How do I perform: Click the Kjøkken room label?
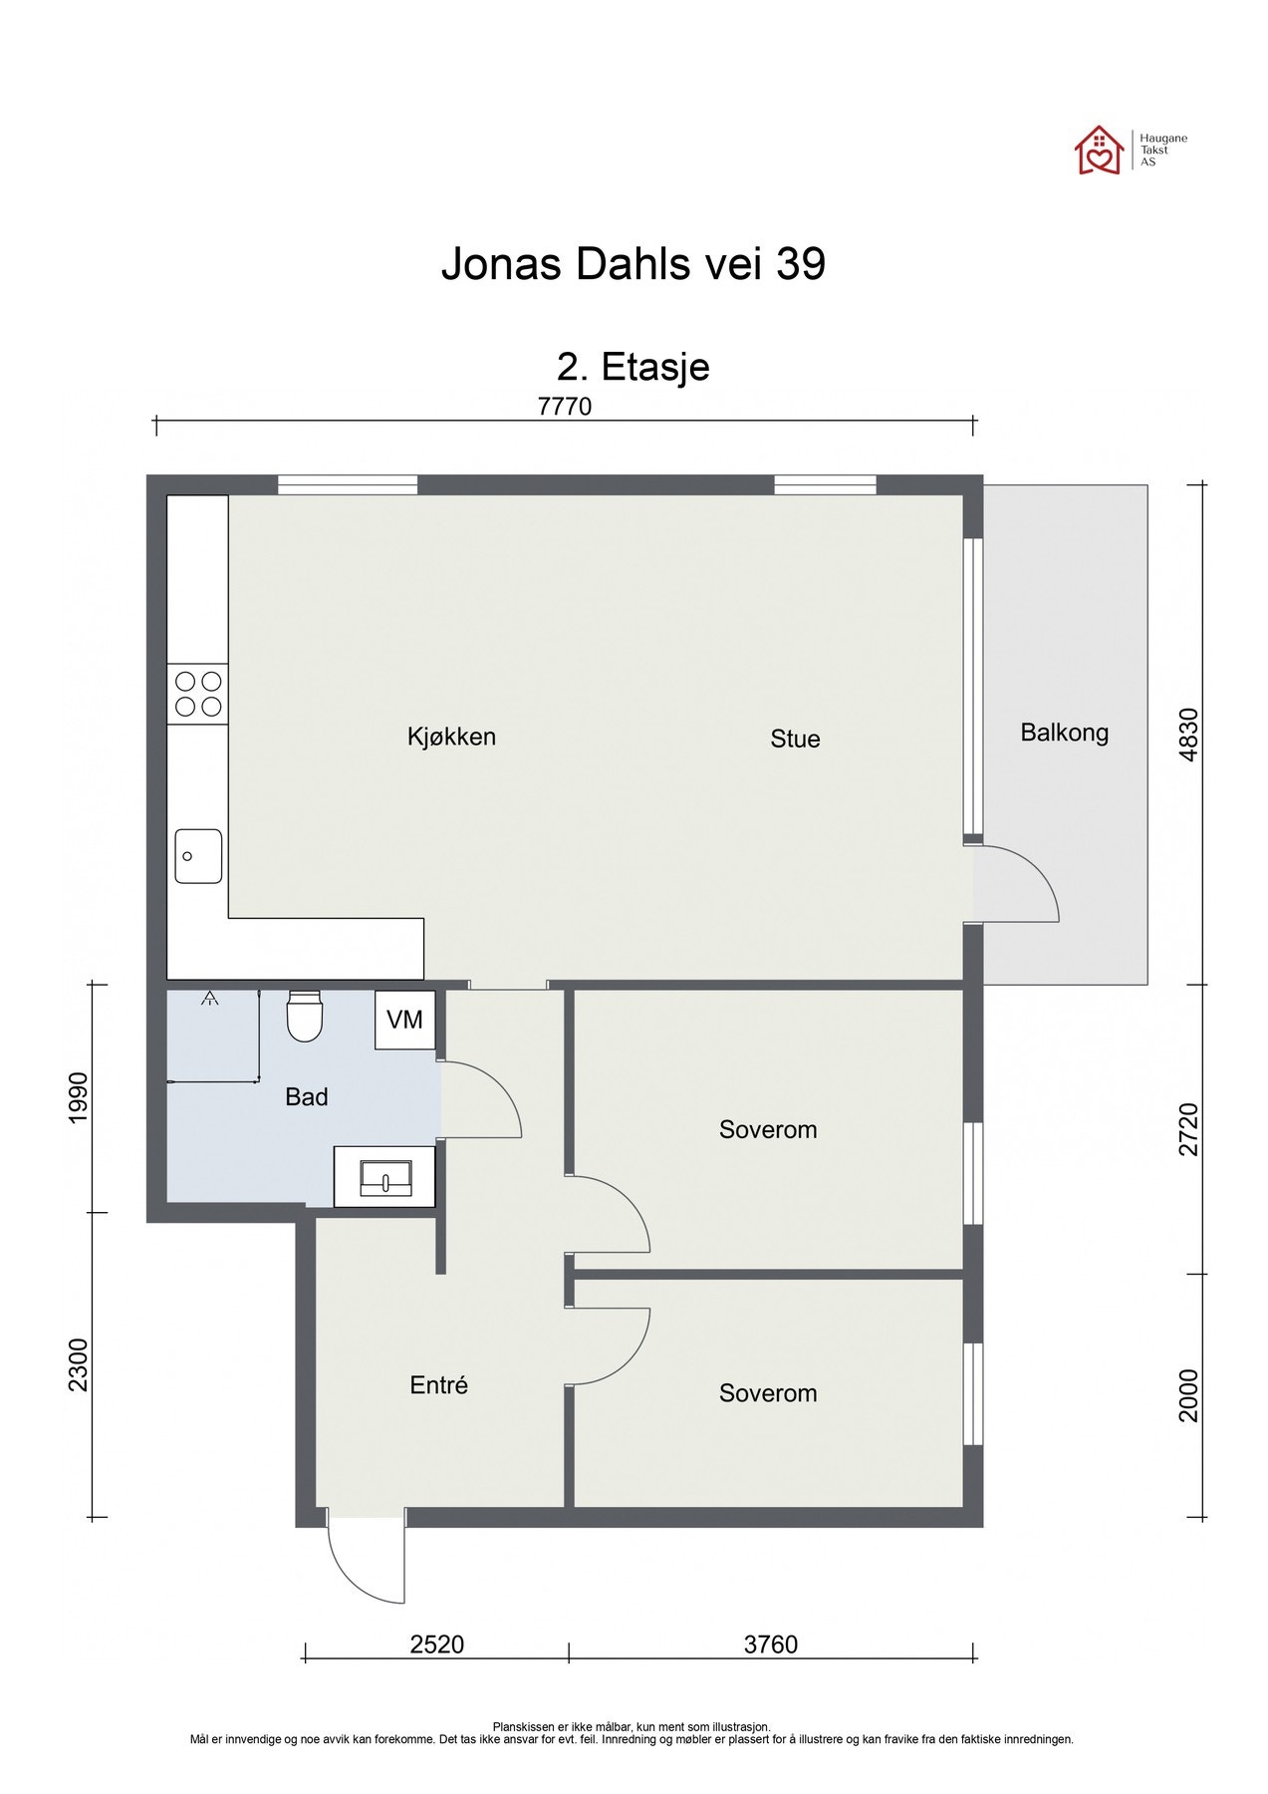pos(451,738)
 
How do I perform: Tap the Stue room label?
pos(795,739)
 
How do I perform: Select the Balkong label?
pos(1064,734)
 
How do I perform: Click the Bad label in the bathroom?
pos(307,1097)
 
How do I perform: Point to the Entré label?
pos(439,1384)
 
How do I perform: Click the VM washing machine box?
pos(405,1020)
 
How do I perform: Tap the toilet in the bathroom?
pos(305,1016)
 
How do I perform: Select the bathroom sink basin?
pos(384,1177)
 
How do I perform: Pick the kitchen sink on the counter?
pos(198,856)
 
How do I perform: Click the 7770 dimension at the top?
pos(565,407)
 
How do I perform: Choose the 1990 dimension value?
pos(80,1097)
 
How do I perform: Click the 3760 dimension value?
pos(771,1644)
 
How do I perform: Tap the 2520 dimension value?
pos(437,1644)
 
